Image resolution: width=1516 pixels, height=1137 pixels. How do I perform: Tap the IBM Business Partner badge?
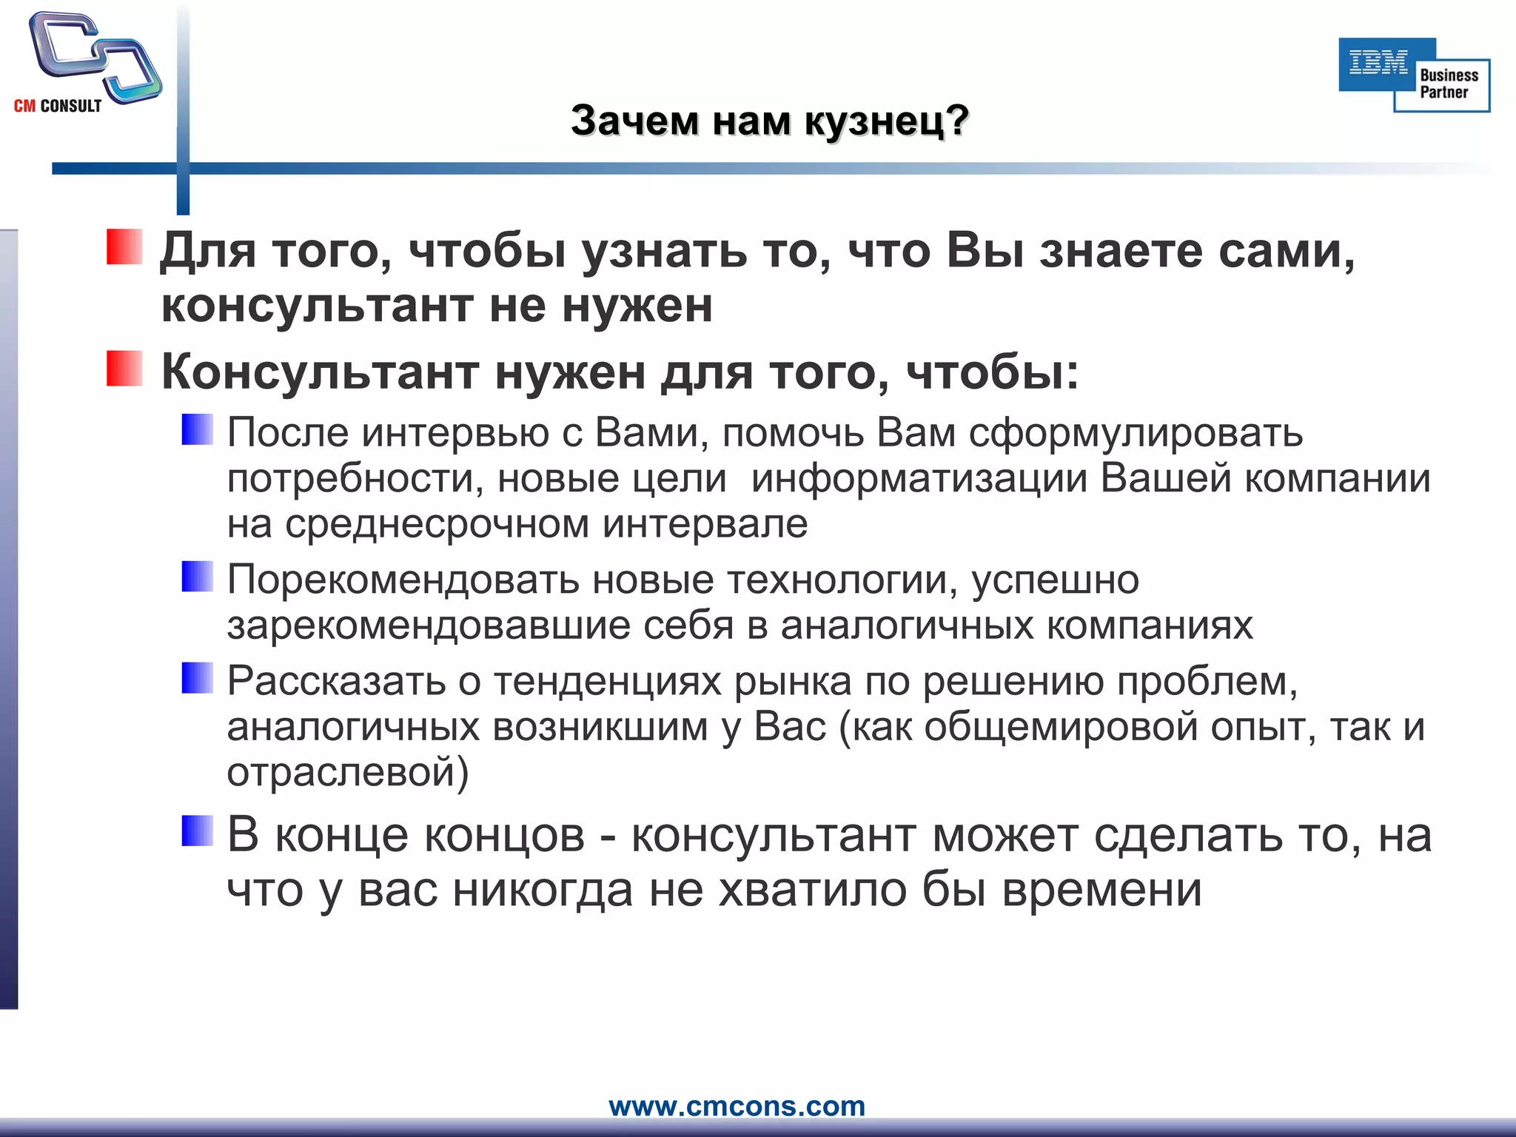pos(1414,75)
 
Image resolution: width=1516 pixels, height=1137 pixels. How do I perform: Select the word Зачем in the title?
pos(634,121)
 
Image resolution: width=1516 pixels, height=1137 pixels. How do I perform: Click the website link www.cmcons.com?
pos(737,1106)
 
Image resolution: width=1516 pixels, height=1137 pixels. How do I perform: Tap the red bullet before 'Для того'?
pos(124,247)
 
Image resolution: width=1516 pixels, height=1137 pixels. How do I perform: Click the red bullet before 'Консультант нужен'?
pos(124,369)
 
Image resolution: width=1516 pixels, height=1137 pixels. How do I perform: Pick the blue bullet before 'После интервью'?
pos(198,429)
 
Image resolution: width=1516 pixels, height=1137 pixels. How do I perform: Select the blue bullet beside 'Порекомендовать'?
pos(198,577)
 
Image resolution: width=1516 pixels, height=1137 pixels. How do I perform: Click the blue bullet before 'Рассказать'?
pos(198,678)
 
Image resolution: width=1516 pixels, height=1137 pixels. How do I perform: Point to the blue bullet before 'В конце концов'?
pos(198,831)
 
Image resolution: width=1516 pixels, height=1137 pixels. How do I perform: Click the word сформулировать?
pos(1136,433)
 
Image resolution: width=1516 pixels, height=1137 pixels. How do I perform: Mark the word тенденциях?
pos(607,681)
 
